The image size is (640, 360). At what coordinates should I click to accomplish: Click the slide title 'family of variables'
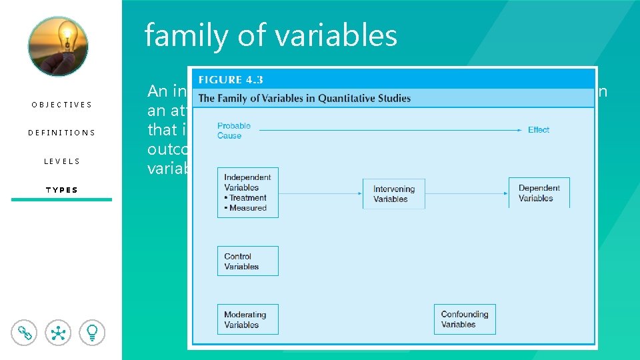click(x=271, y=35)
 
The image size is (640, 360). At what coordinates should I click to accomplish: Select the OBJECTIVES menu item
click(x=61, y=105)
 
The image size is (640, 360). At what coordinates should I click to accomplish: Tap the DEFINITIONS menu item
click(x=61, y=133)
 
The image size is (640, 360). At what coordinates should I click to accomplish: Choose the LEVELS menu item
click(x=61, y=161)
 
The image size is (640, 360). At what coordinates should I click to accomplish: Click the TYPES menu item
click(x=61, y=190)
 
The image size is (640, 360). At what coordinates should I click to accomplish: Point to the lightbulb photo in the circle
click(x=58, y=46)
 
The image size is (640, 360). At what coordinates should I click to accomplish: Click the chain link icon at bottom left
click(x=25, y=332)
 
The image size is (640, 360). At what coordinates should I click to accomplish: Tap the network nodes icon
click(x=58, y=332)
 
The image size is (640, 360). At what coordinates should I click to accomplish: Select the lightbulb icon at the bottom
click(x=92, y=332)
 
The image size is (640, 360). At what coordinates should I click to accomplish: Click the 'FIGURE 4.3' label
click(x=231, y=79)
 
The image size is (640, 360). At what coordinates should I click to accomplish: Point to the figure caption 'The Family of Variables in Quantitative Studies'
click(x=304, y=98)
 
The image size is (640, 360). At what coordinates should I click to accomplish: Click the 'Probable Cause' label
click(x=233, y=131)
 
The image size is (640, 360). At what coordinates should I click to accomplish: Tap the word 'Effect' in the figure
click(x=538, y=130)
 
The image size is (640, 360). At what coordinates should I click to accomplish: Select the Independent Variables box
click(x=247, y=193)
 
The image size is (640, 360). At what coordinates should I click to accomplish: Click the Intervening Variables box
click(x=393, y=194)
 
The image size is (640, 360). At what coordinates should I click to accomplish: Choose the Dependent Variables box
click(x=539, y=193)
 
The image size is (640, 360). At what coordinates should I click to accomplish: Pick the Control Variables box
click(x=247, y=261)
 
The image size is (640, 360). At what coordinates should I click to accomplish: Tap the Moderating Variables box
click(x=247, y=319)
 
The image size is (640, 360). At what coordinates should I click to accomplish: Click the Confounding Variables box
click(x=465, y=319)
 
